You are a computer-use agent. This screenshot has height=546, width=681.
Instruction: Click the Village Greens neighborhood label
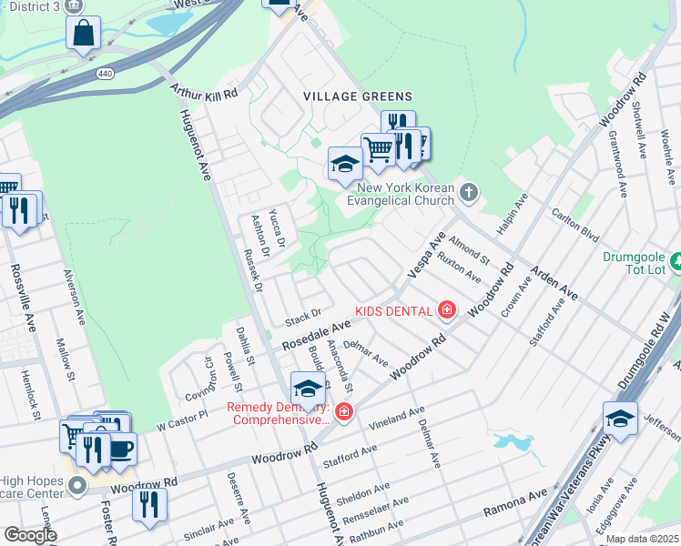point(358,96)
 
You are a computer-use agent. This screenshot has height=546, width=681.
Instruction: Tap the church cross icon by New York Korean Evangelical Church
point(469,192)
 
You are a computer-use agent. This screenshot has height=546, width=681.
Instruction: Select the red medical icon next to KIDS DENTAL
point(446,311)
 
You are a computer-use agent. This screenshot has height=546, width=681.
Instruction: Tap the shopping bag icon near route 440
point(83,34)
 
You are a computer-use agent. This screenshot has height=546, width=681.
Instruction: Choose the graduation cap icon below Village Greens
point(345,165)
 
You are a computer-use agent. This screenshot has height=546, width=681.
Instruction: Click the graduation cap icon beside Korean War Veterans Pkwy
point(620,419)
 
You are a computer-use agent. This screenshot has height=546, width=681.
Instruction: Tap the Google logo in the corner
point(29,534)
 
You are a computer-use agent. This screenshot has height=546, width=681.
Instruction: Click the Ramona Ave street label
point(514,500)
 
